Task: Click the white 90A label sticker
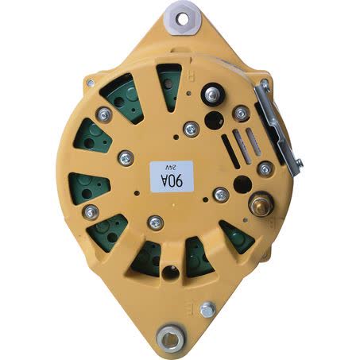coord(172,176)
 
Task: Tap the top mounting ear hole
coord(183,19)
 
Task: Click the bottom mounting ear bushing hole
coord(170,339)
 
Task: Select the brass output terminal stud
coord(261,204)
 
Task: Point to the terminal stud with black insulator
coord(213,95)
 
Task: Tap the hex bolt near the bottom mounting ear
coord(207,309)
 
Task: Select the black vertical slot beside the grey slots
coord(230,151)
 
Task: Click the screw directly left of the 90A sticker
coord(126,158)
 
